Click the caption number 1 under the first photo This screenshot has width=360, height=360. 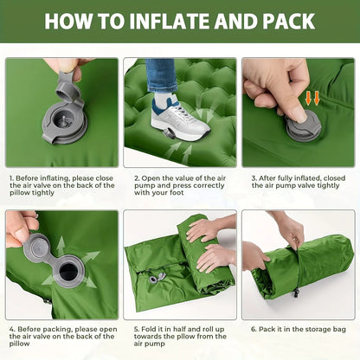(13, 177)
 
